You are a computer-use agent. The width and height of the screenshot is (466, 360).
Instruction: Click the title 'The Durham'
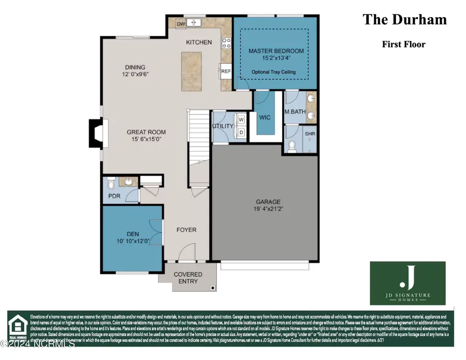point(404,20)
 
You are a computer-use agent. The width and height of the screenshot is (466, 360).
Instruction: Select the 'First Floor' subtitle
point(404,45)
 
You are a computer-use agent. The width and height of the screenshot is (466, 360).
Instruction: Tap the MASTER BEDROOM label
point(276,51)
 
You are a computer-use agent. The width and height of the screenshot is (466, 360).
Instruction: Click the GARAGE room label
point(268,201)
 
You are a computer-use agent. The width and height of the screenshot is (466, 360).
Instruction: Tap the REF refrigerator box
point(226,72)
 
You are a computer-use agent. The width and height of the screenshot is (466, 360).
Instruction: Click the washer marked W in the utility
point(241,120)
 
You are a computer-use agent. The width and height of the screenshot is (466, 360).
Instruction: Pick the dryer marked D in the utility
point(241,132)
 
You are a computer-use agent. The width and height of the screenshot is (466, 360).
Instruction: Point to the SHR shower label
point(310,134)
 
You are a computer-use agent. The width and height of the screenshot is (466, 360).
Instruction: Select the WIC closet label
point(265,118)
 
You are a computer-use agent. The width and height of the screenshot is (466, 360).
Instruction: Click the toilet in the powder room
point(110,183)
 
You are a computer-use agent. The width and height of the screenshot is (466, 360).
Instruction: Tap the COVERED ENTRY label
point(187,278)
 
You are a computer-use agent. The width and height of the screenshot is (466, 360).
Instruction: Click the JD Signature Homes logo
point(407,283)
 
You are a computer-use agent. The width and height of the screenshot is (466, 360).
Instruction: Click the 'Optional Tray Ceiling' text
point(274,72)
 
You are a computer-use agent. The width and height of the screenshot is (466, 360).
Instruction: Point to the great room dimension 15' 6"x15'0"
point(147,139)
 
